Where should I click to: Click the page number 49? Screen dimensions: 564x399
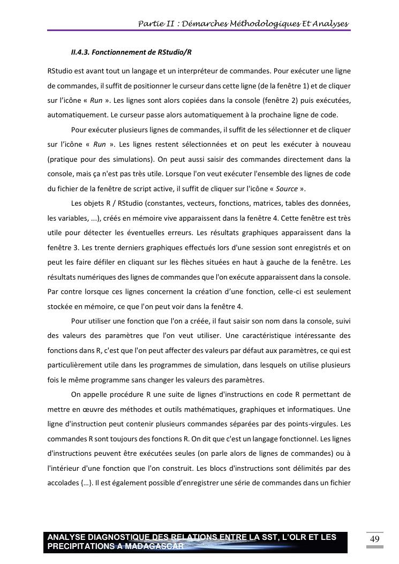click(375, 539)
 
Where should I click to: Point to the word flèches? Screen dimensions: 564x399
click(190, 262)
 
